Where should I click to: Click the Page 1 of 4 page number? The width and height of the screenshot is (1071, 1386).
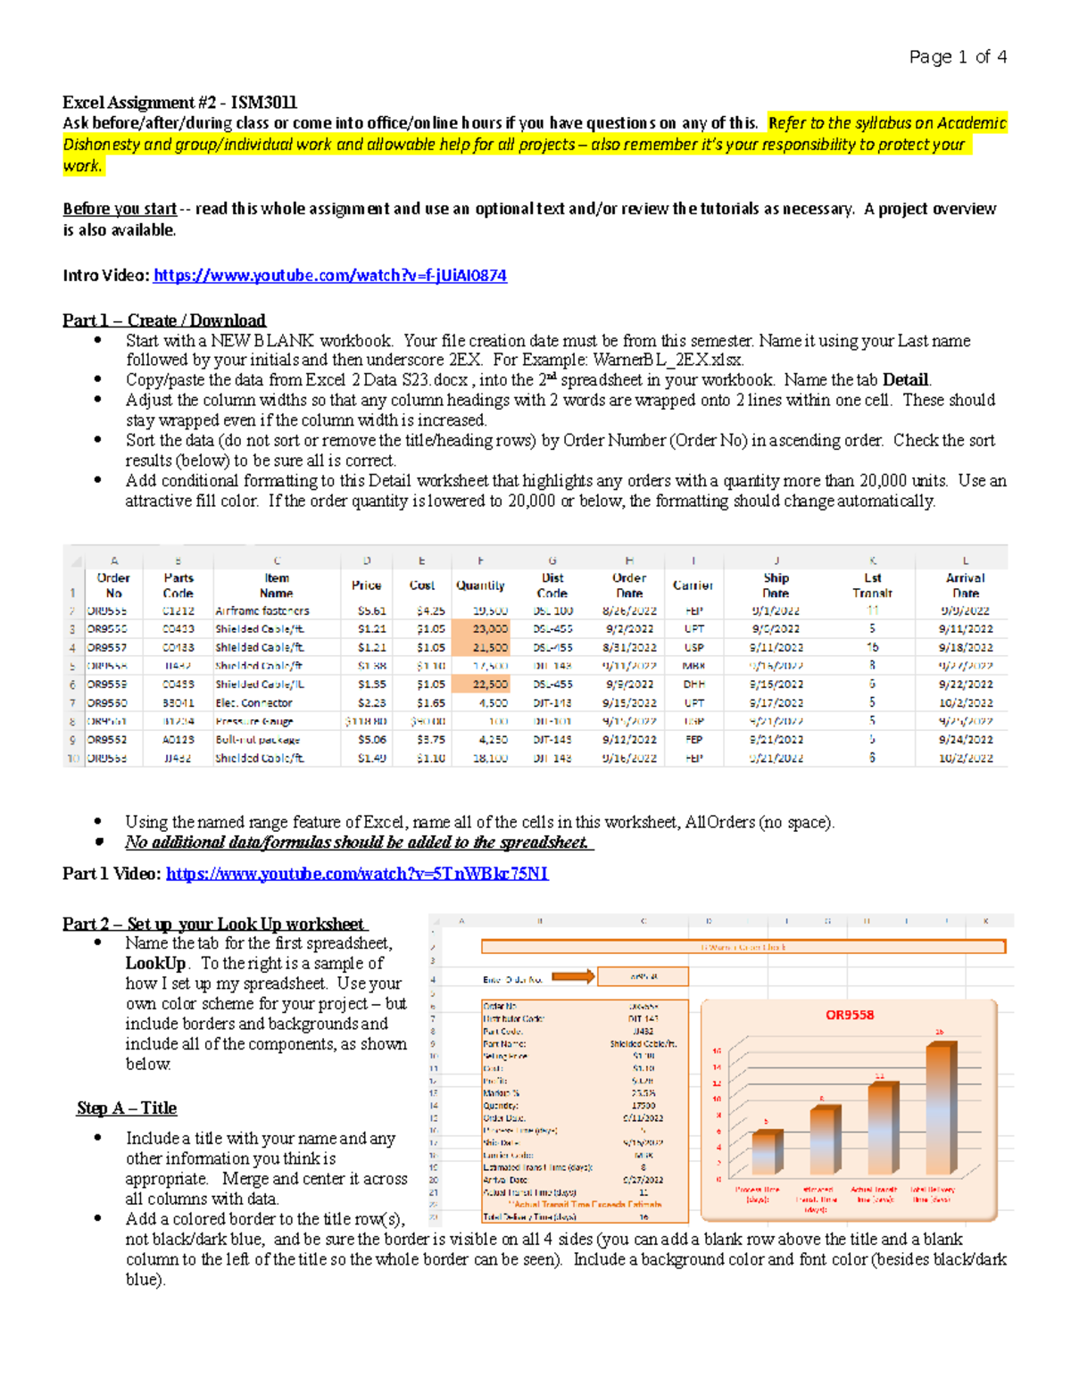[x=958, y=57]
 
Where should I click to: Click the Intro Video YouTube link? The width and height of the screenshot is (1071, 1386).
[x=329, y=276]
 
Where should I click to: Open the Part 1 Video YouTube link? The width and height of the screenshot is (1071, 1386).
[x=357, y=874]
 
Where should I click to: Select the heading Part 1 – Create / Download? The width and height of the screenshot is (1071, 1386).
[x=163, y=320]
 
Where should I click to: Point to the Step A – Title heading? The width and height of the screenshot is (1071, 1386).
[x=126, y=1108]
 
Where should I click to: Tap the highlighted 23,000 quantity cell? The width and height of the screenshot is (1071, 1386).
[x=481, y=629]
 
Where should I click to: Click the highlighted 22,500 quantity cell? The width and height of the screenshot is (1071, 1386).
[x=481, y=685]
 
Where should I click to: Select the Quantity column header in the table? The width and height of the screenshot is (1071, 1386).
[x=480, y=585]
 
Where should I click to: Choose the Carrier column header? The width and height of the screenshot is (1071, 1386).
[x=693, y=585]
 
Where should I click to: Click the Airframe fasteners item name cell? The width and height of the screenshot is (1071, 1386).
[x=262, y=611]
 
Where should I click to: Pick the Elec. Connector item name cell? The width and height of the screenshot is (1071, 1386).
[x=253, y=703]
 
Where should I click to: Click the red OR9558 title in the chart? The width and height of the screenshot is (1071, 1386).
[x=849, y=1015]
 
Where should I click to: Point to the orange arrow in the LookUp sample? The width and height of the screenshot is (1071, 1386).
[x=573, y=976]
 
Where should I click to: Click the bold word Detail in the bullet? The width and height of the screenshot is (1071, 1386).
[x=905, y=380]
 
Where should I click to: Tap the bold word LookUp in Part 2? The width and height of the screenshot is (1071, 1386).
[x=155, y=964]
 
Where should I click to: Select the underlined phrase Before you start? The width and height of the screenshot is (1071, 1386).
[x=120, y=209]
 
